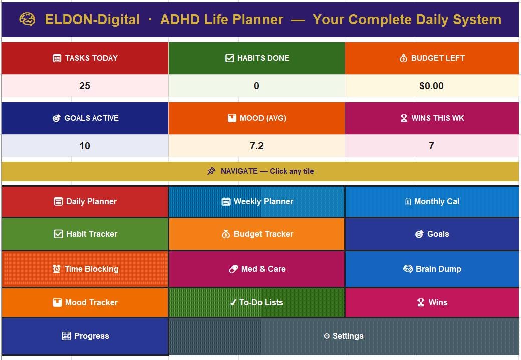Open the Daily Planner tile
(85, 202)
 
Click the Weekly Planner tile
(256, 202)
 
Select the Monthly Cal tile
(432, 202)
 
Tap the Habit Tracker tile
(85, 234)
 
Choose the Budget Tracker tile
(256, 234)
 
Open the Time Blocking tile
(85, 269)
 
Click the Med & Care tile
(256, 269)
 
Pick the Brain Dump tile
(432, 269)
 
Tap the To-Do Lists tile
(256, 302)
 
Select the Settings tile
(344, 336)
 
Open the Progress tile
(85, 336)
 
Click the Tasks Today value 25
(85, 86)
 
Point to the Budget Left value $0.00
(431, 86)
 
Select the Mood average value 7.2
(256, 146)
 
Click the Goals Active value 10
(85, 146)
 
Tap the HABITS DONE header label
(263, 58)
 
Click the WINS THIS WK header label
(438, 118)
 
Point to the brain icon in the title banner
(27, 19)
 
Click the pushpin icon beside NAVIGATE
(211, 171)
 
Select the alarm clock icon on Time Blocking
(56, 269)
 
